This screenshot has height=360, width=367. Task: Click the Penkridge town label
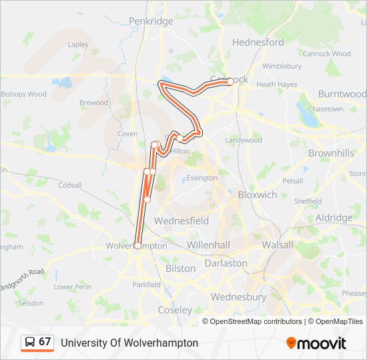pos(151,21)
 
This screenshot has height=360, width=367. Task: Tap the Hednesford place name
pos(258,42)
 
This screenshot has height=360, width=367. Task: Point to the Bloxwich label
pos(258,195)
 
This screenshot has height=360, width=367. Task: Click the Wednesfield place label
pos(181,221)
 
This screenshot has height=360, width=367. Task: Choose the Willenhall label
pos(209,245)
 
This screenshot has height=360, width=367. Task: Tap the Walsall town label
pos(277,245)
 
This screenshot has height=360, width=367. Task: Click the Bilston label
pos(180,268)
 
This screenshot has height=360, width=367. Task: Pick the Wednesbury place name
pos(238,297)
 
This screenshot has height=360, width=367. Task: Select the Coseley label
pos(175,310)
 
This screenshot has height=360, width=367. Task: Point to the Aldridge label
pos(334,218)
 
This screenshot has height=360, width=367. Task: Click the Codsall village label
pos(70,185)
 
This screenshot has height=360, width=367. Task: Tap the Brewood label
pos(93,103)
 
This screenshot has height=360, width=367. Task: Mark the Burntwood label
pos(342,94)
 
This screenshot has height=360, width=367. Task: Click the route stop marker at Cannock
pos(230,81)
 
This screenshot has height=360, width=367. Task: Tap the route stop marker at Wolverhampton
pos(137,245)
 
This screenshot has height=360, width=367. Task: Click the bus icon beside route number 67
pos(30,342)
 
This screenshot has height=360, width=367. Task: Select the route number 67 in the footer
pos(45,342)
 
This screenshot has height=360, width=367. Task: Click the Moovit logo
pos(316,343)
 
